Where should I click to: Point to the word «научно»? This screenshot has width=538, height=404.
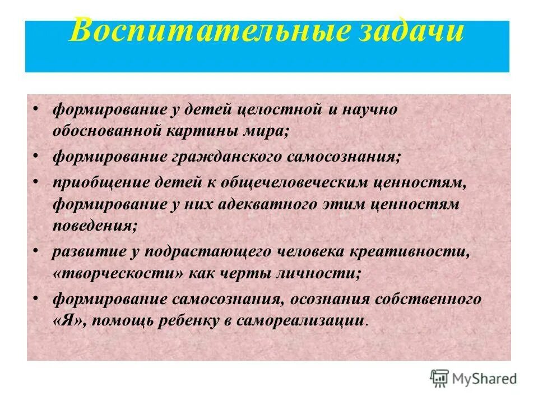click(x=369, y=109)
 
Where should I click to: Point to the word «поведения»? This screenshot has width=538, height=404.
click(x=94, y=225)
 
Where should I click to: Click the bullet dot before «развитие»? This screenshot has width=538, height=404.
click(x=36, y=251)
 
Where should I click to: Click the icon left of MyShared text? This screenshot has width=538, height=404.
click(x=440, y=378)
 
